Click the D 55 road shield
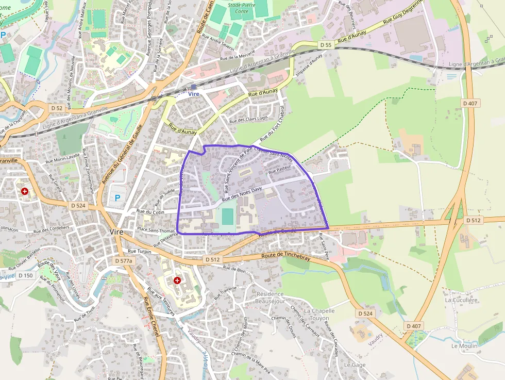(325, 45)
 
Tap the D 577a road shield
(124, 261)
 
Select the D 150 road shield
(25, 276)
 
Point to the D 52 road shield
(57, 108)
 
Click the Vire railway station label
(194, 94)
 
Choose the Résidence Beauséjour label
(270, 298)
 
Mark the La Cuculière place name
(462, 300)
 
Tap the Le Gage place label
(355, 365)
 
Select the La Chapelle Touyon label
(319, 315)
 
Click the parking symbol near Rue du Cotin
(117, 197)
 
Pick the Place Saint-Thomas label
(156, 230)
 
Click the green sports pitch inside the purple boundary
(227, 217)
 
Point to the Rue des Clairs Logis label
(248, 120)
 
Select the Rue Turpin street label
(139, 251)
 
